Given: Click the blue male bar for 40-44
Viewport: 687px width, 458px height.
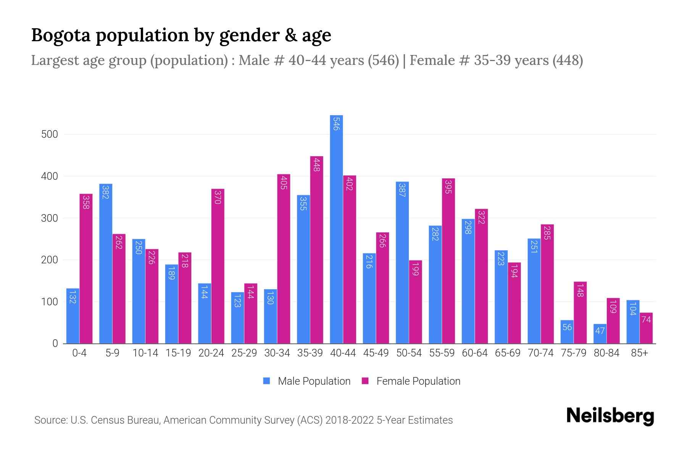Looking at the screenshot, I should pos(336,229).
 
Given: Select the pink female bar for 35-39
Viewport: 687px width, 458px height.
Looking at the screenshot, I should pos(317,250).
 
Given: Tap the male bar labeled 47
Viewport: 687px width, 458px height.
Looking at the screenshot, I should pos(600,334).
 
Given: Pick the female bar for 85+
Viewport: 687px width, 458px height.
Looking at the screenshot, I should pos(646,328).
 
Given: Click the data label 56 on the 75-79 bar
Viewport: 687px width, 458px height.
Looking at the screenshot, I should pos(567,327).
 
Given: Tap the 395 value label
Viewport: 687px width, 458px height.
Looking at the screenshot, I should pos(448,186).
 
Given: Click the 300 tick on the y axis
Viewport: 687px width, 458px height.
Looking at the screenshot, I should pos(50,218).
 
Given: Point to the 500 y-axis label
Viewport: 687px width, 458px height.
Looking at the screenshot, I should pos(50,134).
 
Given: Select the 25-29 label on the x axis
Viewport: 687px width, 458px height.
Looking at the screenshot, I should pos(244,353).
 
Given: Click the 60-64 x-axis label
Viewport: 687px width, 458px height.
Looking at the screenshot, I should pos(475,353).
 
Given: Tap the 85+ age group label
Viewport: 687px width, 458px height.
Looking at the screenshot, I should pos(639,353).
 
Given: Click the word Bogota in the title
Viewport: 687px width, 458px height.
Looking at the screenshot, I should pos(61,35).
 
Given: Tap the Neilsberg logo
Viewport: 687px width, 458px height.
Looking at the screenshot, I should pos(610,416).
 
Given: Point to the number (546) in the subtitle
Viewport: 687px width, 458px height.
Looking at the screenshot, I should pos(383,60).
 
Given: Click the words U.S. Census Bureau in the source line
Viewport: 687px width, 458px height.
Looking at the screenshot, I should pos(116,420).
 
